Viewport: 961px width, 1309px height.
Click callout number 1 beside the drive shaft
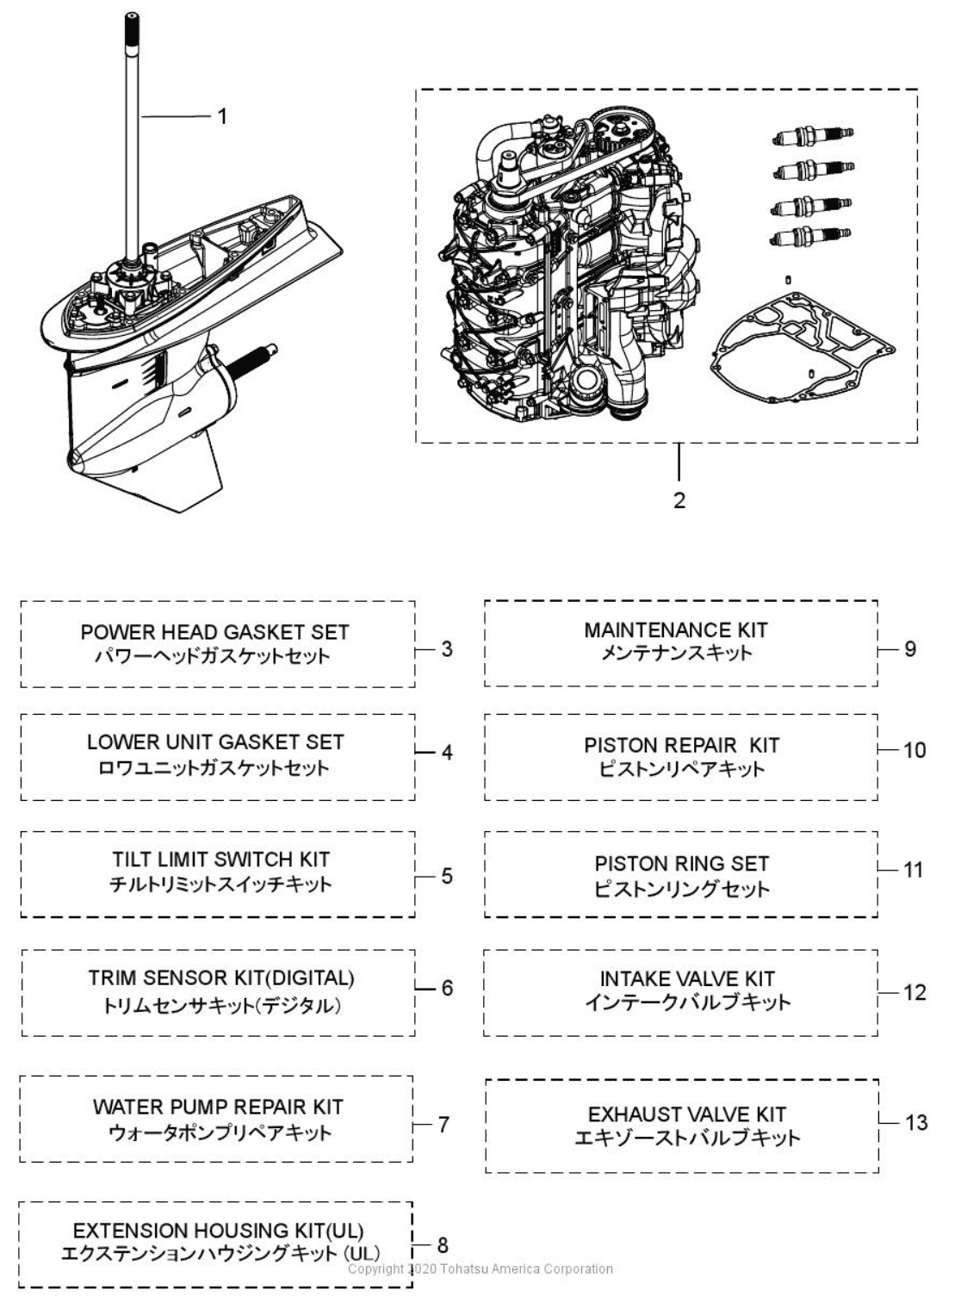222,116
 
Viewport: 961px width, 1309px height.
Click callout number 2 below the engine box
679,500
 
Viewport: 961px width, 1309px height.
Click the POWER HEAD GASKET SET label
214,632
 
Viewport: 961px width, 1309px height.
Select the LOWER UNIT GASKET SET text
215,742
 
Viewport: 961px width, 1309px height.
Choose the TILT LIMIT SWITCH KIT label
220,859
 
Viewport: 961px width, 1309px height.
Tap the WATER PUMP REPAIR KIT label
218,1107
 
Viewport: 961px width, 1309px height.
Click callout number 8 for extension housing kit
443,1244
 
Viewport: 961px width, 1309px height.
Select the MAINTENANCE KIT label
676,630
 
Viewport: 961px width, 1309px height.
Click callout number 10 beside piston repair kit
914,750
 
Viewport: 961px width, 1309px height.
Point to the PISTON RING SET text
681,864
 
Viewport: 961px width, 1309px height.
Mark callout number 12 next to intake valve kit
914,993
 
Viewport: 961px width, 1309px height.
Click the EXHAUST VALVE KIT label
686,1115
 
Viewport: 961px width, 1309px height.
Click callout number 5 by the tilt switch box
446,877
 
